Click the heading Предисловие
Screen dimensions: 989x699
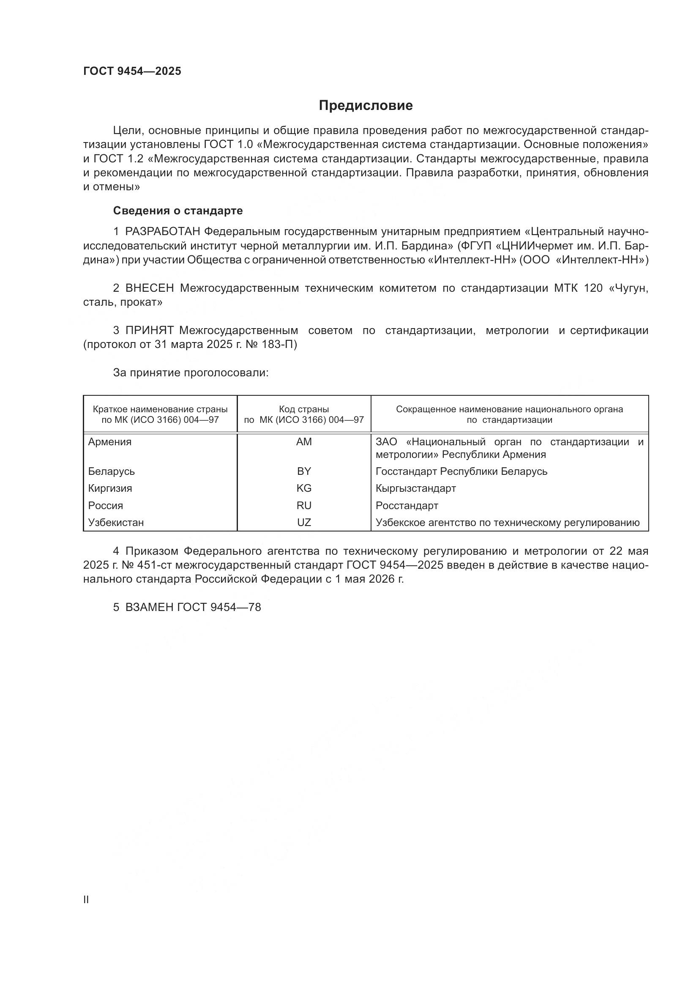366,106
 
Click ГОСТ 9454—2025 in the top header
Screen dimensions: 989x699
132,71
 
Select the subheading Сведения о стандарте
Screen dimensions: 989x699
178,211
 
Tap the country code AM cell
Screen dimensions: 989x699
304,441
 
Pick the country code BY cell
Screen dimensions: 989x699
304,471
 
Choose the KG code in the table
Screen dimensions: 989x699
304,488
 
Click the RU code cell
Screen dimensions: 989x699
304,505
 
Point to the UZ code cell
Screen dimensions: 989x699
304,523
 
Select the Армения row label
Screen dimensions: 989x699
110,441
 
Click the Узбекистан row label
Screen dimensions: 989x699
116,523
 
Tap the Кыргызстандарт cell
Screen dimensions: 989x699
415,488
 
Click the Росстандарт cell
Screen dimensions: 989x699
407,505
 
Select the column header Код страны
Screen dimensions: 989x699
304,409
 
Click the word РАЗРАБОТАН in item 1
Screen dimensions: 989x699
163,232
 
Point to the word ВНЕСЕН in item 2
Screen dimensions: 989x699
149,288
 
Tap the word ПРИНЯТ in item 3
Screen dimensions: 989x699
149,330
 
